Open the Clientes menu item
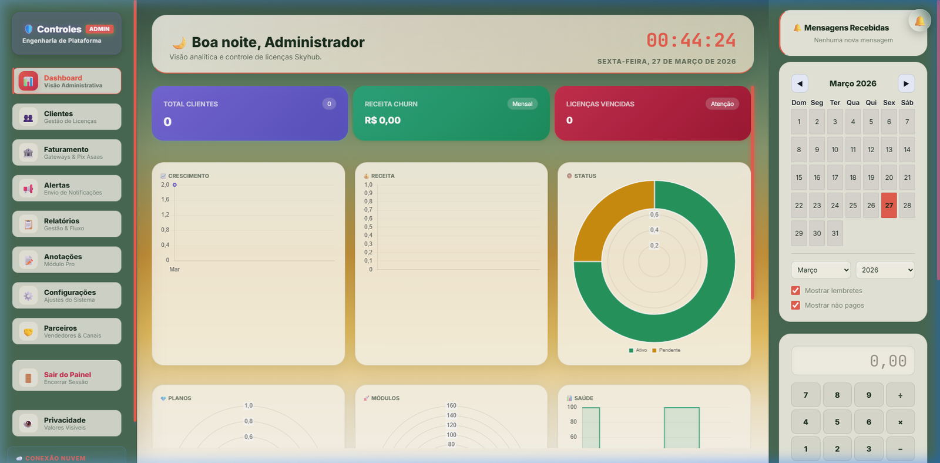pos(66,117)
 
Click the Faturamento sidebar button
pos(66,153)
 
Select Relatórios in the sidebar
pos(66,224)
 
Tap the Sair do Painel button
pos(66,376)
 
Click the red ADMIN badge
pos(99,29)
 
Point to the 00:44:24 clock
pos(691,40)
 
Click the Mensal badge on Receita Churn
pos(522,104)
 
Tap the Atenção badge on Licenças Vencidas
pos(722,104)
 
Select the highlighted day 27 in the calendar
pos(889,206)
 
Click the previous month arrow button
pos(800,83)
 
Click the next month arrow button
pos(906,83)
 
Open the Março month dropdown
pos(821,270)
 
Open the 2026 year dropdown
pos(885,270)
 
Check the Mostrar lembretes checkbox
pos(795,290)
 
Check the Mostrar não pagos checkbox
pos(795,305)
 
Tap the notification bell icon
pos(919,21)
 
